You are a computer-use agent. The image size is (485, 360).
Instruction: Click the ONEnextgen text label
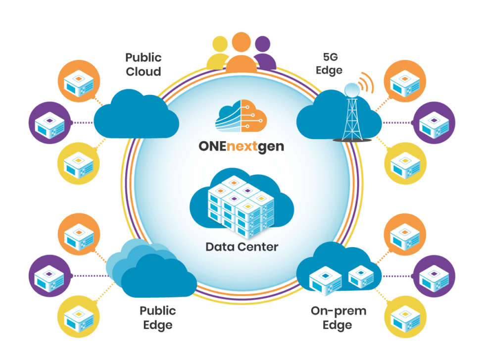click(242, 147)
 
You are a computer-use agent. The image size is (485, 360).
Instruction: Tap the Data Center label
click(242, 246)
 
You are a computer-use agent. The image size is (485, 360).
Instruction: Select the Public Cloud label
click(143, 64)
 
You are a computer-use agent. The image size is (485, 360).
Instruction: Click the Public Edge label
click(158, 318)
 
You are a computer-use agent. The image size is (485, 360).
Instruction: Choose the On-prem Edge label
click(339, 318)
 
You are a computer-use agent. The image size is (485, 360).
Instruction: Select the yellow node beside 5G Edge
click(405, 163)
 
